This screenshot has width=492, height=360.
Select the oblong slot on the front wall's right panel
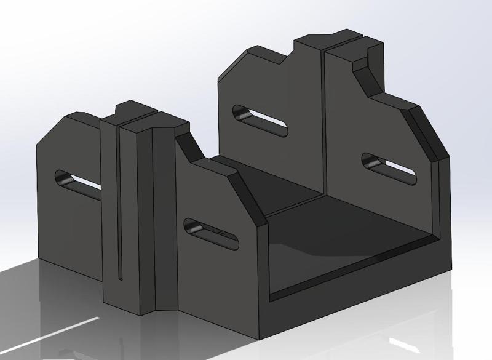pos(211,233)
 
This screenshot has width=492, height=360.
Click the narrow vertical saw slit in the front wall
pos(118,203)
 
